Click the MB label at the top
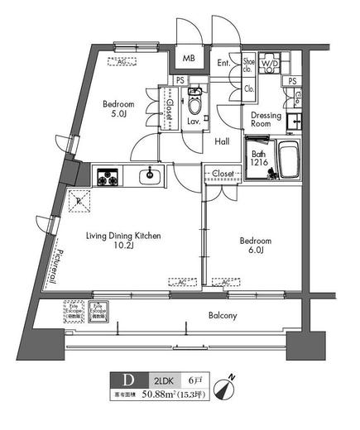coord(189,60)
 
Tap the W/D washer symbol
coord(270,63)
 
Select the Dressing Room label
coord(266,122)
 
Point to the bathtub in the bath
coord(287,159)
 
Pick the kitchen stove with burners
coord(107,176)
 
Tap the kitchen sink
coord(150,175)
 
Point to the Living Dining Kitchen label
coord(123,241)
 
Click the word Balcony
coord(222,316)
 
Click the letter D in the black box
coord(127,381)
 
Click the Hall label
coord(222,141)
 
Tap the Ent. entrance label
coord(223,62)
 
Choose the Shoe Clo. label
coord(248,63)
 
